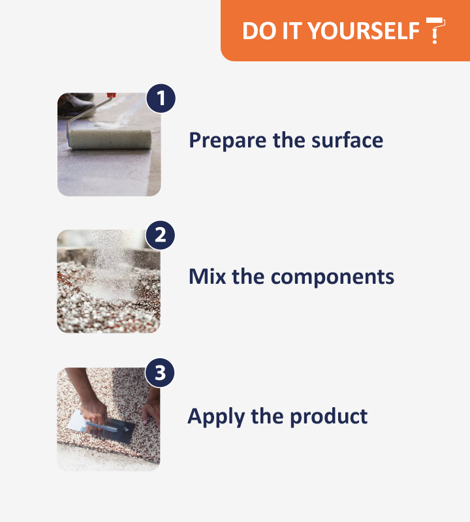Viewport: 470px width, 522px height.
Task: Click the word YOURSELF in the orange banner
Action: point(363,31)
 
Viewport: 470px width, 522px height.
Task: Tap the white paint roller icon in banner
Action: point(435,30)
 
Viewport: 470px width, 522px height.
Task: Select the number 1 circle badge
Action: point(161,99)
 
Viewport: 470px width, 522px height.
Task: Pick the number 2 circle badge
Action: point(160,236)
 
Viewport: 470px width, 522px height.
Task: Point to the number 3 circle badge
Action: point(160,373)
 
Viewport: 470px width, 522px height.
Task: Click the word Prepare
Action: point(228,140)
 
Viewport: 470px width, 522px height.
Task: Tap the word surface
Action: point(347,140)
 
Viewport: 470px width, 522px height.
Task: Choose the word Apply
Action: point(216,417)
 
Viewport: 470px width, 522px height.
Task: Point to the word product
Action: point(329,416)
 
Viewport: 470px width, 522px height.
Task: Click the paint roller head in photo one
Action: point(110,139)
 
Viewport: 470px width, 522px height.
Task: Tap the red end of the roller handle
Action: point(111,95)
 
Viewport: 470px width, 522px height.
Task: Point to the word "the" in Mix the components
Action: point(248,276)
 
